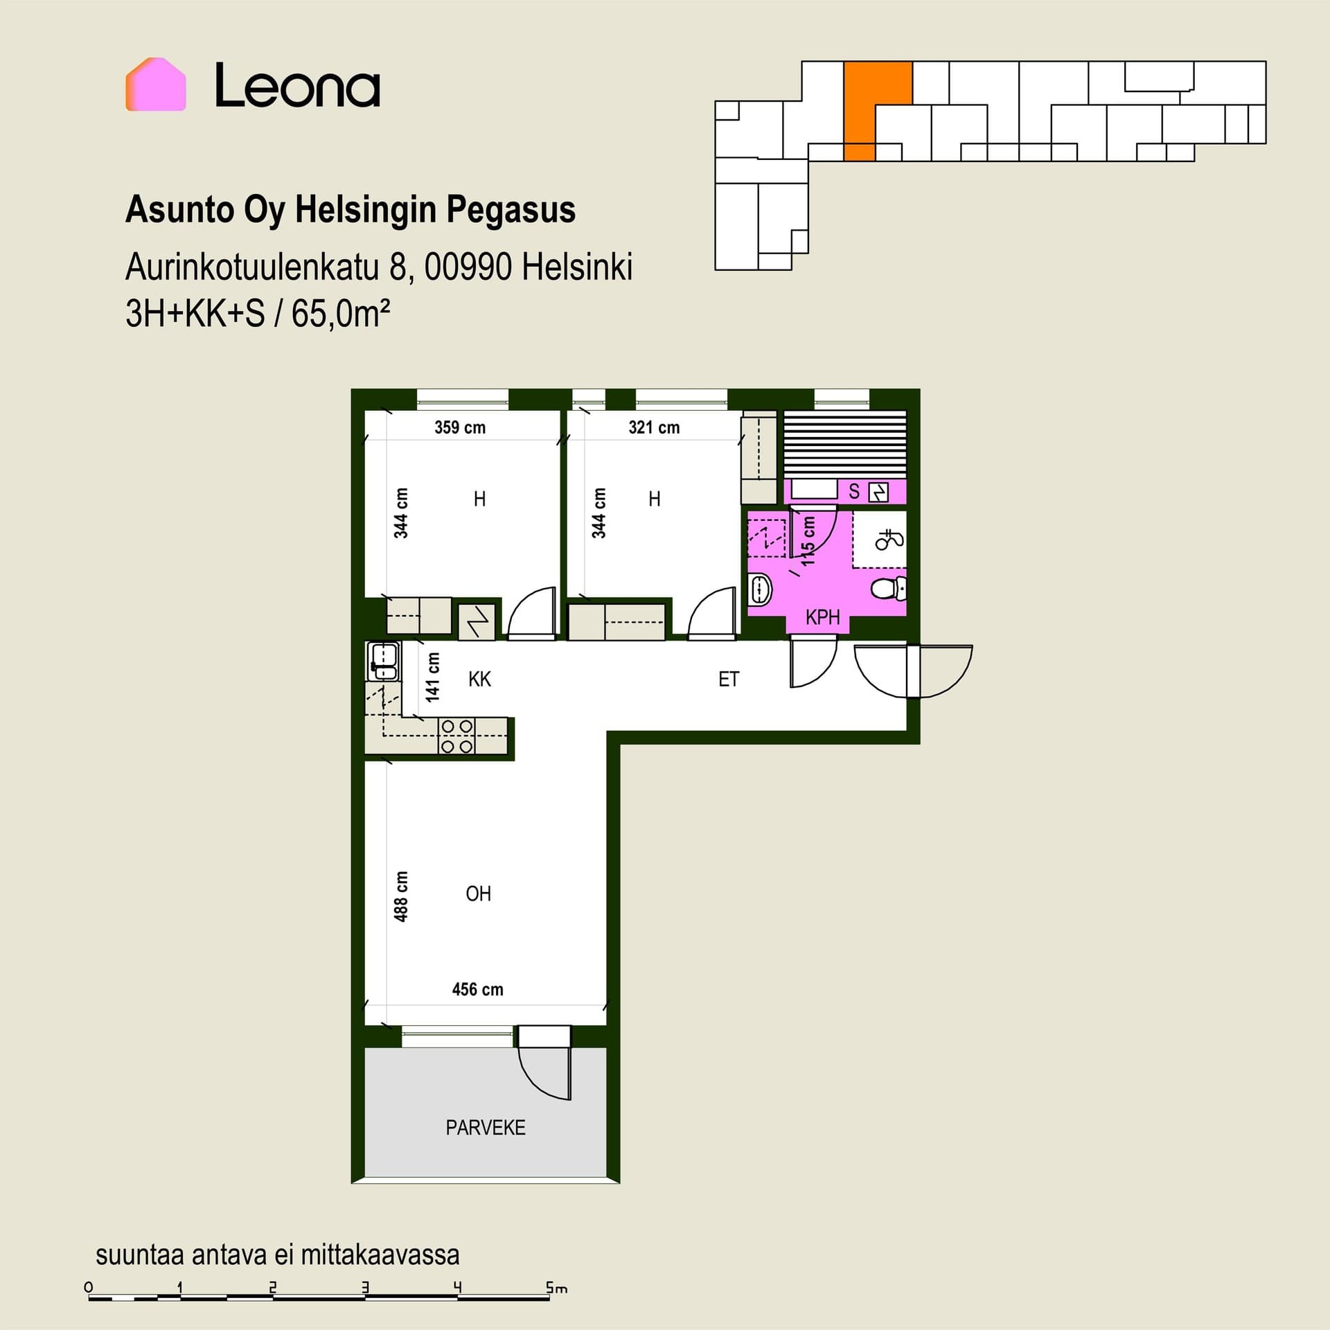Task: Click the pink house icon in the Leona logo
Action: [x=156, y=85]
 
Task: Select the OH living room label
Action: [x=479, y=894]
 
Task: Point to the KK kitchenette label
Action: [x=479, y=679]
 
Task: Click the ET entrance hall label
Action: [x=729, y=679]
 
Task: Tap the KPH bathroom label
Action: [x=822, y=617]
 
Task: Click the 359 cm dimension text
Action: [x=460, y=427]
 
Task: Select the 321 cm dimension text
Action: [x=654, y=427]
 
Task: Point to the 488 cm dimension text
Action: [x=401, y=897]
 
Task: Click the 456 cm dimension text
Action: [x=478, y=989]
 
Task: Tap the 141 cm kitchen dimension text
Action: [x=433, y=677]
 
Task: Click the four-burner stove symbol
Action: [x=457, y=736]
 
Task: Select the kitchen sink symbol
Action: [x=383, y=662]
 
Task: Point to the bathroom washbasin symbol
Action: [x=760, y=590]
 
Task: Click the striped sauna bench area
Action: [x=845, y=444]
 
